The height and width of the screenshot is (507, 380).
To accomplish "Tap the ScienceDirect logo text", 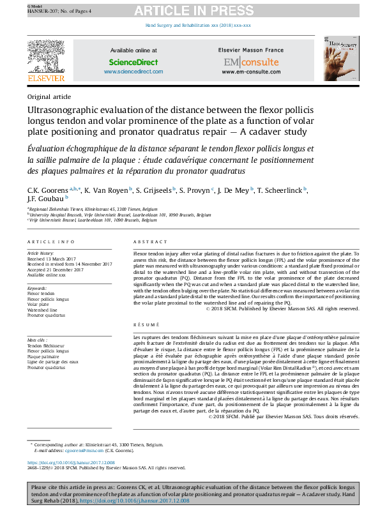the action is [133, 63].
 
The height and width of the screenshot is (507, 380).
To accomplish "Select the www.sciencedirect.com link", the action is [133, 72].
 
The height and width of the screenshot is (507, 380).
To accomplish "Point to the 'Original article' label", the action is [49, 97].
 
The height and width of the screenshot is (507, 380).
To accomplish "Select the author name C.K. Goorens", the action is [45, 190].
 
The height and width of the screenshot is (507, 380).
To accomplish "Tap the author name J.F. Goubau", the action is [45, 199].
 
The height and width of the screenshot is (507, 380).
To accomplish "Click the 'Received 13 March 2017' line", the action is [52, 259].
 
